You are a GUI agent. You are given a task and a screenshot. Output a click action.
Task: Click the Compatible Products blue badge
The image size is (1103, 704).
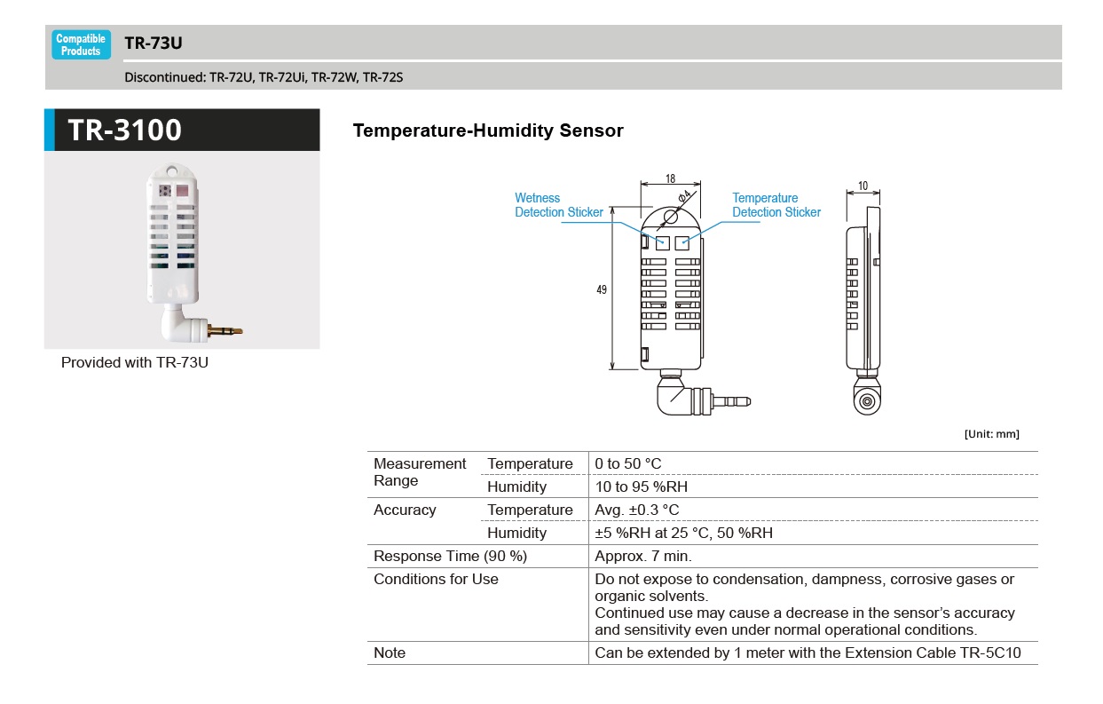point(81,44)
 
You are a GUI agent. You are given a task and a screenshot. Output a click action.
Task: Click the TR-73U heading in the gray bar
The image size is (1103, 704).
point(154,43)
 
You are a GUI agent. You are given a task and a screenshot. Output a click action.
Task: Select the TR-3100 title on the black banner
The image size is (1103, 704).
point(124,131)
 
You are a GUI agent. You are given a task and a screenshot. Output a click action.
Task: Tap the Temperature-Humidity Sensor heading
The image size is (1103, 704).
point(488,131)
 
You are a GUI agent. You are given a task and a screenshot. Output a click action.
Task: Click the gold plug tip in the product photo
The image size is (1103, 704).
point(225,330)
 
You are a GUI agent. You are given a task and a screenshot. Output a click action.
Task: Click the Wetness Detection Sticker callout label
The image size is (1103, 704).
point(558,205)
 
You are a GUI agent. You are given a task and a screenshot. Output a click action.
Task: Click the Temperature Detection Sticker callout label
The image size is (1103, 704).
point(776,205)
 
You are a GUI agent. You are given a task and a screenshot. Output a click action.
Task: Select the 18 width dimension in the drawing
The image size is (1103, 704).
point(670,178)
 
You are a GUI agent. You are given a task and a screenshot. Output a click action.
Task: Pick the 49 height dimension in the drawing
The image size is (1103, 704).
point(602,290)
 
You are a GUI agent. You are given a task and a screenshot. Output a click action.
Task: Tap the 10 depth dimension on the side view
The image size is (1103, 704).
point(863,186)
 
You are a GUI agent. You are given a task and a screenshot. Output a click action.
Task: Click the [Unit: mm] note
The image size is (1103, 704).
point(991,434)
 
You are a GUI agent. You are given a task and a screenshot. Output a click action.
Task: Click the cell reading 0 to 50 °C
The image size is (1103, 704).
point(628,464)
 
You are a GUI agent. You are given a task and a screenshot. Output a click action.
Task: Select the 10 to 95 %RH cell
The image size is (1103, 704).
point(641,487)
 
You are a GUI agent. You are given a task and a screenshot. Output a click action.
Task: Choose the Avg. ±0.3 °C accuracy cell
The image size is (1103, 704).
point(636,510)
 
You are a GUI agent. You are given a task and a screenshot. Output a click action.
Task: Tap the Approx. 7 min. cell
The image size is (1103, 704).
point(642,557)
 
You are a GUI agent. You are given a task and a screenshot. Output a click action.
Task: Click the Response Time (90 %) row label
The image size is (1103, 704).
point(450,557)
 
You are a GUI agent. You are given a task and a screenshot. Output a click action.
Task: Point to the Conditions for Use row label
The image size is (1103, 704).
point(436,580)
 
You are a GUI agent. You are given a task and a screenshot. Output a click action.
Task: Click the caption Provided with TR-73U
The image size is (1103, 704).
point(135,363)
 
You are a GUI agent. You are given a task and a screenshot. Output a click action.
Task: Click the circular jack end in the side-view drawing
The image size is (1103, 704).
point(865,402)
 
